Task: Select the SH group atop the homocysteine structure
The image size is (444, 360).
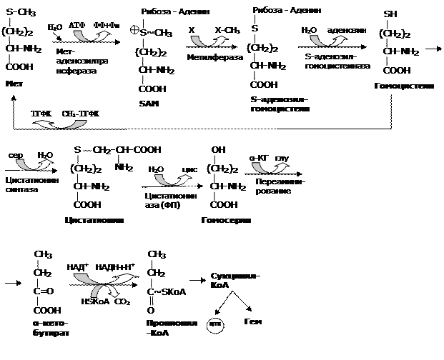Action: coord(390,14)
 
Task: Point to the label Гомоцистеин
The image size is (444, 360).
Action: coord(404,86)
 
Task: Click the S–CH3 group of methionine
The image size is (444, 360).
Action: coord(21,12)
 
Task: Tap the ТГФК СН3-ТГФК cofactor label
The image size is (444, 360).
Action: coord(65,114)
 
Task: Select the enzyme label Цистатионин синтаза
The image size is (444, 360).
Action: coord(31,185)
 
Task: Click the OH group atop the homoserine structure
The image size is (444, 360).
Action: coord(219,151)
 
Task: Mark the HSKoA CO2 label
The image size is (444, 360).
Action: coord(107,302)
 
